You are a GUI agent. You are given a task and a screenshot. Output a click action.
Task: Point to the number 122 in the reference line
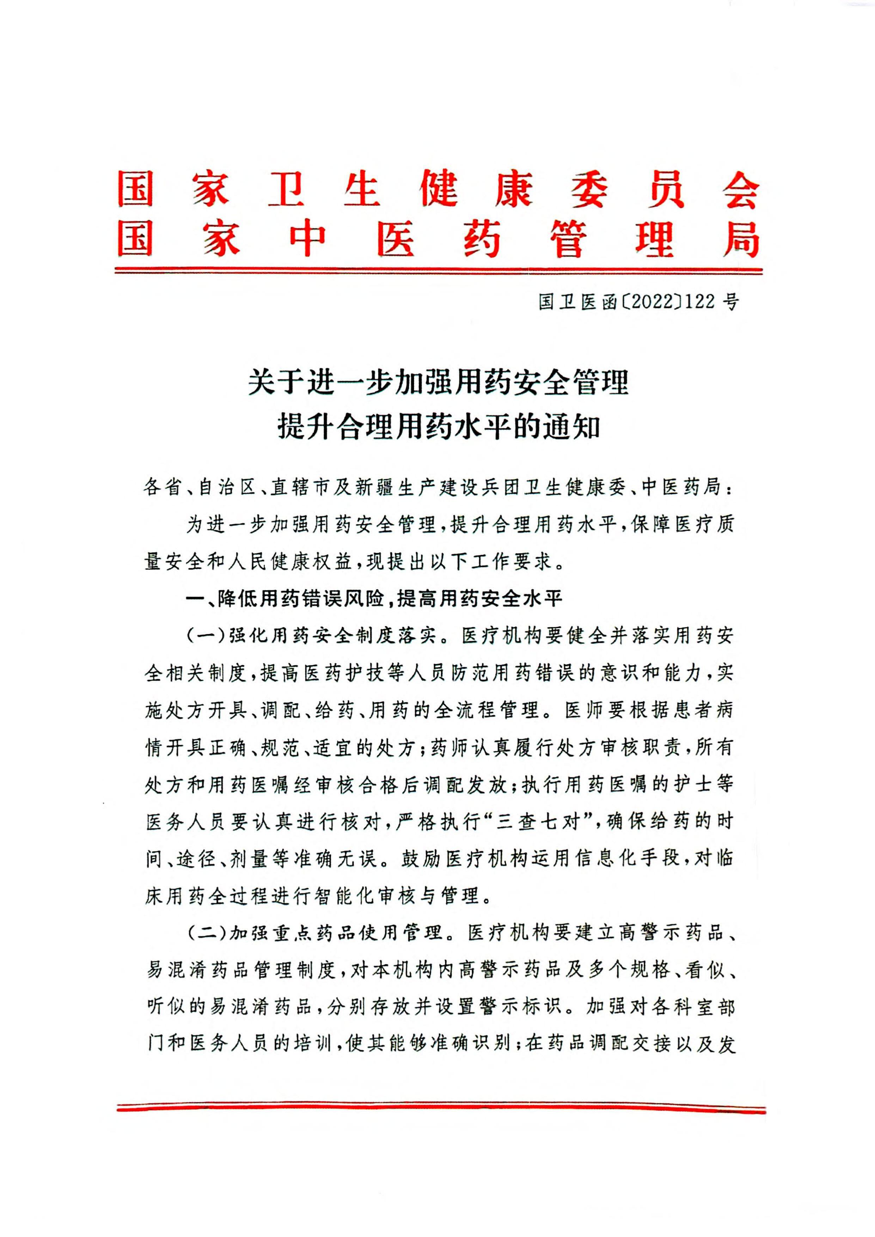coord(701,302)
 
